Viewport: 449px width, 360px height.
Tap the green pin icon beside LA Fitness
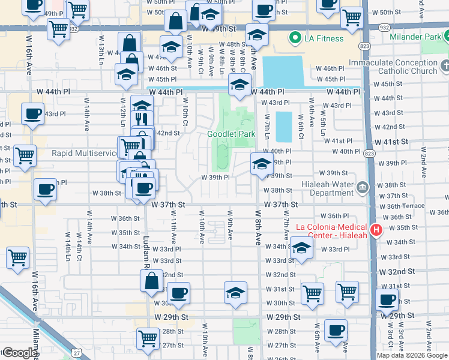pos(295,39)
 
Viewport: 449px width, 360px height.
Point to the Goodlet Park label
pos(232,134)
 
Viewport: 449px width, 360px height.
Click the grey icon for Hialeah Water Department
pos(363,188)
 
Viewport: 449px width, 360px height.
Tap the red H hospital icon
pos(376,230)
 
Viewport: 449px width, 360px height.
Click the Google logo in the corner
pos(19,353)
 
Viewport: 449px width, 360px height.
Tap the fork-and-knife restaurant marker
pos(142,119)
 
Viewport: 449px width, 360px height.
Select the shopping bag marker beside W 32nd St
pos(152,281)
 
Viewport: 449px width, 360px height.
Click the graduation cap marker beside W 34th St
pos(301,248)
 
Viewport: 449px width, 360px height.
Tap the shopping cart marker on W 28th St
pos(147,338)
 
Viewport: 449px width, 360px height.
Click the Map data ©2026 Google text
pos(412,355)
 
